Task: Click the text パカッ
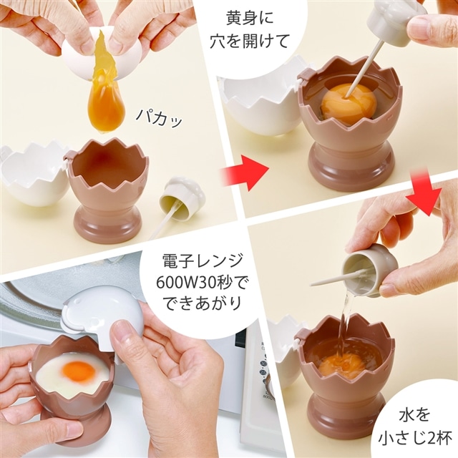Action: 160,117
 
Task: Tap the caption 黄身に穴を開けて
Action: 250,30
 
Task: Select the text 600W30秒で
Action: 203,282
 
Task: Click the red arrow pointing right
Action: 245,172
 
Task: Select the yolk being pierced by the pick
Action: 348,103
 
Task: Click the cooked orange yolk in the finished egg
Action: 79,371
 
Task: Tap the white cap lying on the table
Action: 182,194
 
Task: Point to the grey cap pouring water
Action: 369,271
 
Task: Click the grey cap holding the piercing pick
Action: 395,21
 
